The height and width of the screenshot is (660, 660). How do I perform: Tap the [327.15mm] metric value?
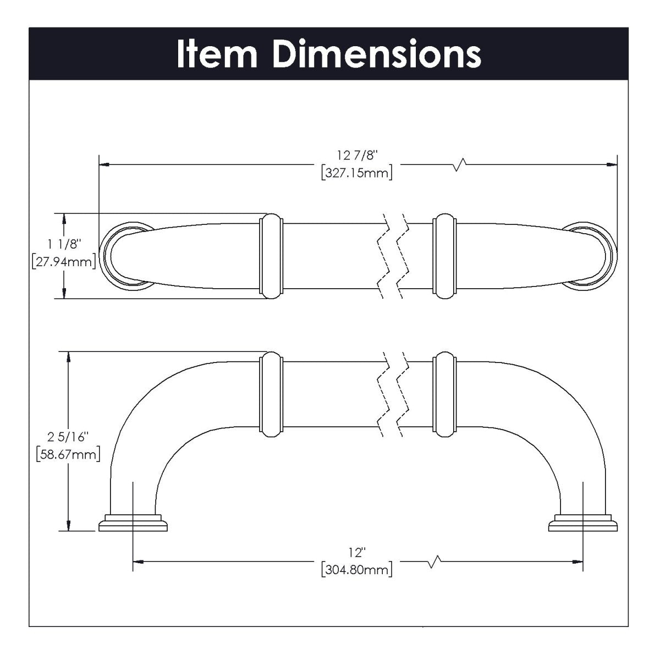click(356, 174)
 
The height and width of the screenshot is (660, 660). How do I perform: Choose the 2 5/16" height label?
click(68, 438)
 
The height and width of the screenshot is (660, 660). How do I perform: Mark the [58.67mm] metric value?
click(68, 455)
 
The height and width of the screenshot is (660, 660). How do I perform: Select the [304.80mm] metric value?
click(356, 569)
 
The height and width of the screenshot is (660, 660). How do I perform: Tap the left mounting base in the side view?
click(133, 524)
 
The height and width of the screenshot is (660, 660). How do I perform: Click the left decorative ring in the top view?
click(270, 256)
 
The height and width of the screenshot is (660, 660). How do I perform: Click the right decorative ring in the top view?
click(444, 256)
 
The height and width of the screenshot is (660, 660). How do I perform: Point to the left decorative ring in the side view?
click(270, 394)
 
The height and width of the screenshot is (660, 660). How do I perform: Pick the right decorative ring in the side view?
click(444, 394)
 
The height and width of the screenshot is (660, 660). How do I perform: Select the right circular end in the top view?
click(590, 256)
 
